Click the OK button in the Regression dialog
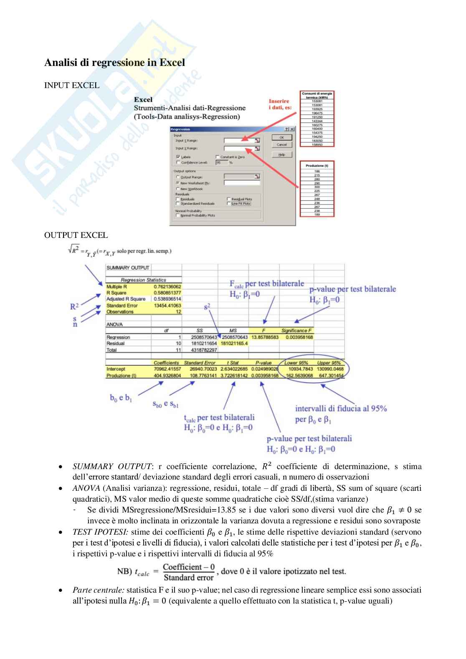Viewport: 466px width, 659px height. (x=282, y=137)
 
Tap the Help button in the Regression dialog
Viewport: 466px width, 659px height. (x=282, y=154)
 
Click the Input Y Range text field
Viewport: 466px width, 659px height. (x=239, y=141)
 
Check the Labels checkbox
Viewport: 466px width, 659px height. (x=178, y=157)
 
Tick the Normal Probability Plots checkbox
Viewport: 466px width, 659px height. (x=178, y=215)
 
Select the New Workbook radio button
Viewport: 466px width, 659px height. (x=178, y=189)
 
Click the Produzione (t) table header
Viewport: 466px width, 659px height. (x=317, y=166)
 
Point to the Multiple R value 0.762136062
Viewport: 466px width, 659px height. (x=167, y=287)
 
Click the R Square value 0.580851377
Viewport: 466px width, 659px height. (x=167, y=293)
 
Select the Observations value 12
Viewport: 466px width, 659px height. (x=178, y=312)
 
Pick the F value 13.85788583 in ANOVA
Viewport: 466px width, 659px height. (x=265, y=337)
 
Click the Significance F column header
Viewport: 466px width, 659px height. (x=296, y=331)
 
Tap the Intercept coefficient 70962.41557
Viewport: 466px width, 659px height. (x=167, y=369)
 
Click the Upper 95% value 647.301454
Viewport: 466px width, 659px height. (x=330, y=376)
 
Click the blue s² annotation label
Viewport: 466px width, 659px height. (x=207, y=307)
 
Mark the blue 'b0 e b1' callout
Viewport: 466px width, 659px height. (x=121, y=398)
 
